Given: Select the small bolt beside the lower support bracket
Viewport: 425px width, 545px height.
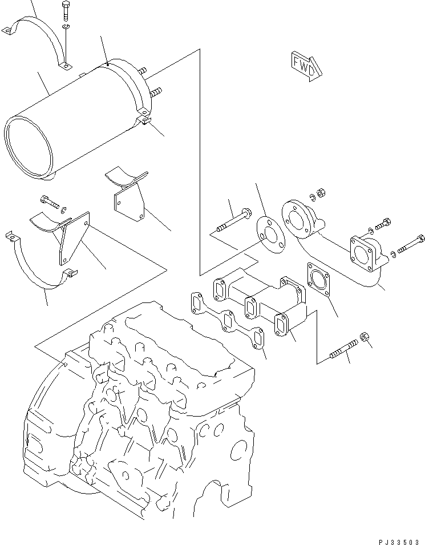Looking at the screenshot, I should point(50,200).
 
